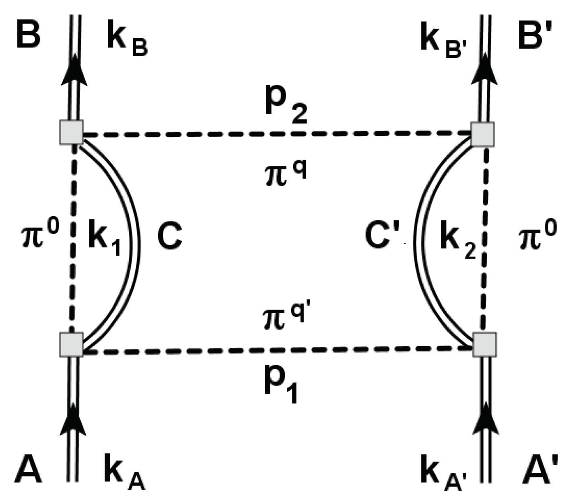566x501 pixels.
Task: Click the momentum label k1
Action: pyautogui.click(x=104, y=240)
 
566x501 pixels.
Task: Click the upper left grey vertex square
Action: pyautogui.click(x=71, y=132)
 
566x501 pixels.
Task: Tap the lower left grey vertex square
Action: pyautogui.click(x=71, y=344)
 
